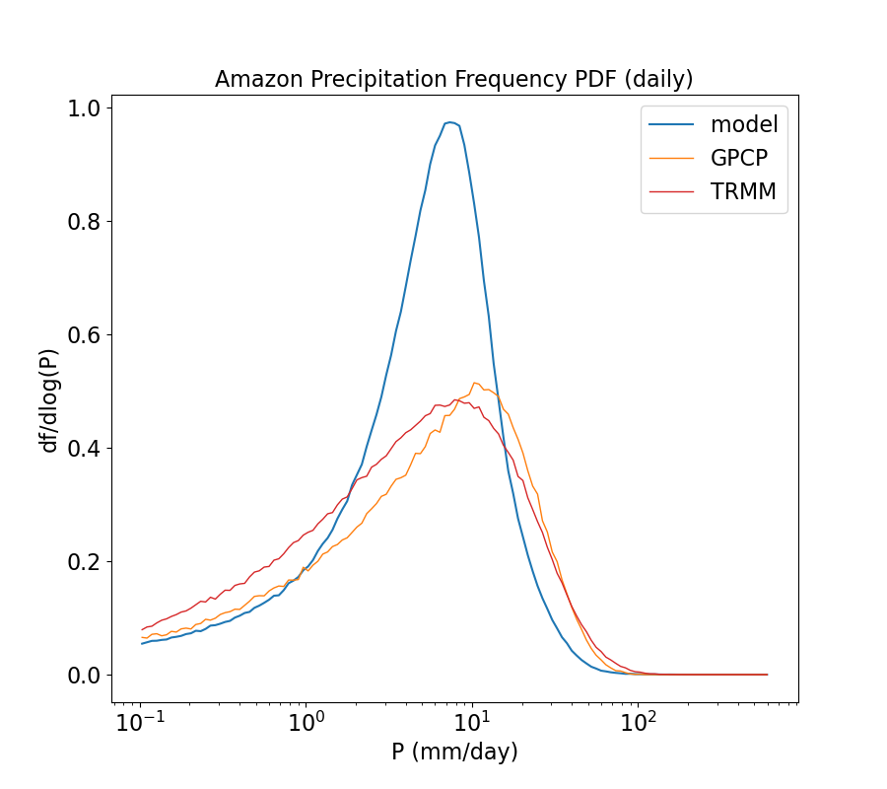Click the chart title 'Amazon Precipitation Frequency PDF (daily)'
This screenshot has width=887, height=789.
tap(455, 79)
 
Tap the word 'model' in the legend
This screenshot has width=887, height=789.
tap(744, 124)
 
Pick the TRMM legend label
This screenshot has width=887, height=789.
tap(744, 192)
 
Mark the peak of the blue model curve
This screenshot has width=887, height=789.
tap(449, 122)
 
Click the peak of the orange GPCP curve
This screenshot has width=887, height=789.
tap(474, 383)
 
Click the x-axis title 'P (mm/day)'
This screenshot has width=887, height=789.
tap(454, 752)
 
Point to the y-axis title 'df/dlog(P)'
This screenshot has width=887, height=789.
tap(49, 392)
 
